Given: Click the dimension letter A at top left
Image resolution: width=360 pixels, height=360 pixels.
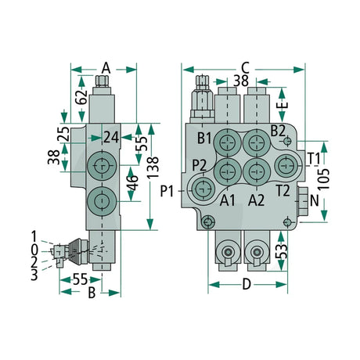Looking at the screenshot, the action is tap(106, 68).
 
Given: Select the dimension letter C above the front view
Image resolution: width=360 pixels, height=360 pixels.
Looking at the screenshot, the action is tap(245, 68).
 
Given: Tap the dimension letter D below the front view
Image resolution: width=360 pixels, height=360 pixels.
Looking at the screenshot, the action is tap(247, 284).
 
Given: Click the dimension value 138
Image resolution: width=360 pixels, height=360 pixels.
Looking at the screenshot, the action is tap(153, 167).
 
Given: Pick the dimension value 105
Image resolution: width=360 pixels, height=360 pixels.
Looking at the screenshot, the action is tap(324, 179).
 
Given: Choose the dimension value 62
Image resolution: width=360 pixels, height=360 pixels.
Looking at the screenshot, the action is tap(83, 97).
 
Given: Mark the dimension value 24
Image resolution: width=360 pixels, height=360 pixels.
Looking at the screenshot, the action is tap(111, 138).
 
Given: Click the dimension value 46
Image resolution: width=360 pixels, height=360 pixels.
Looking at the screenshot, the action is tap(133, 183).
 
